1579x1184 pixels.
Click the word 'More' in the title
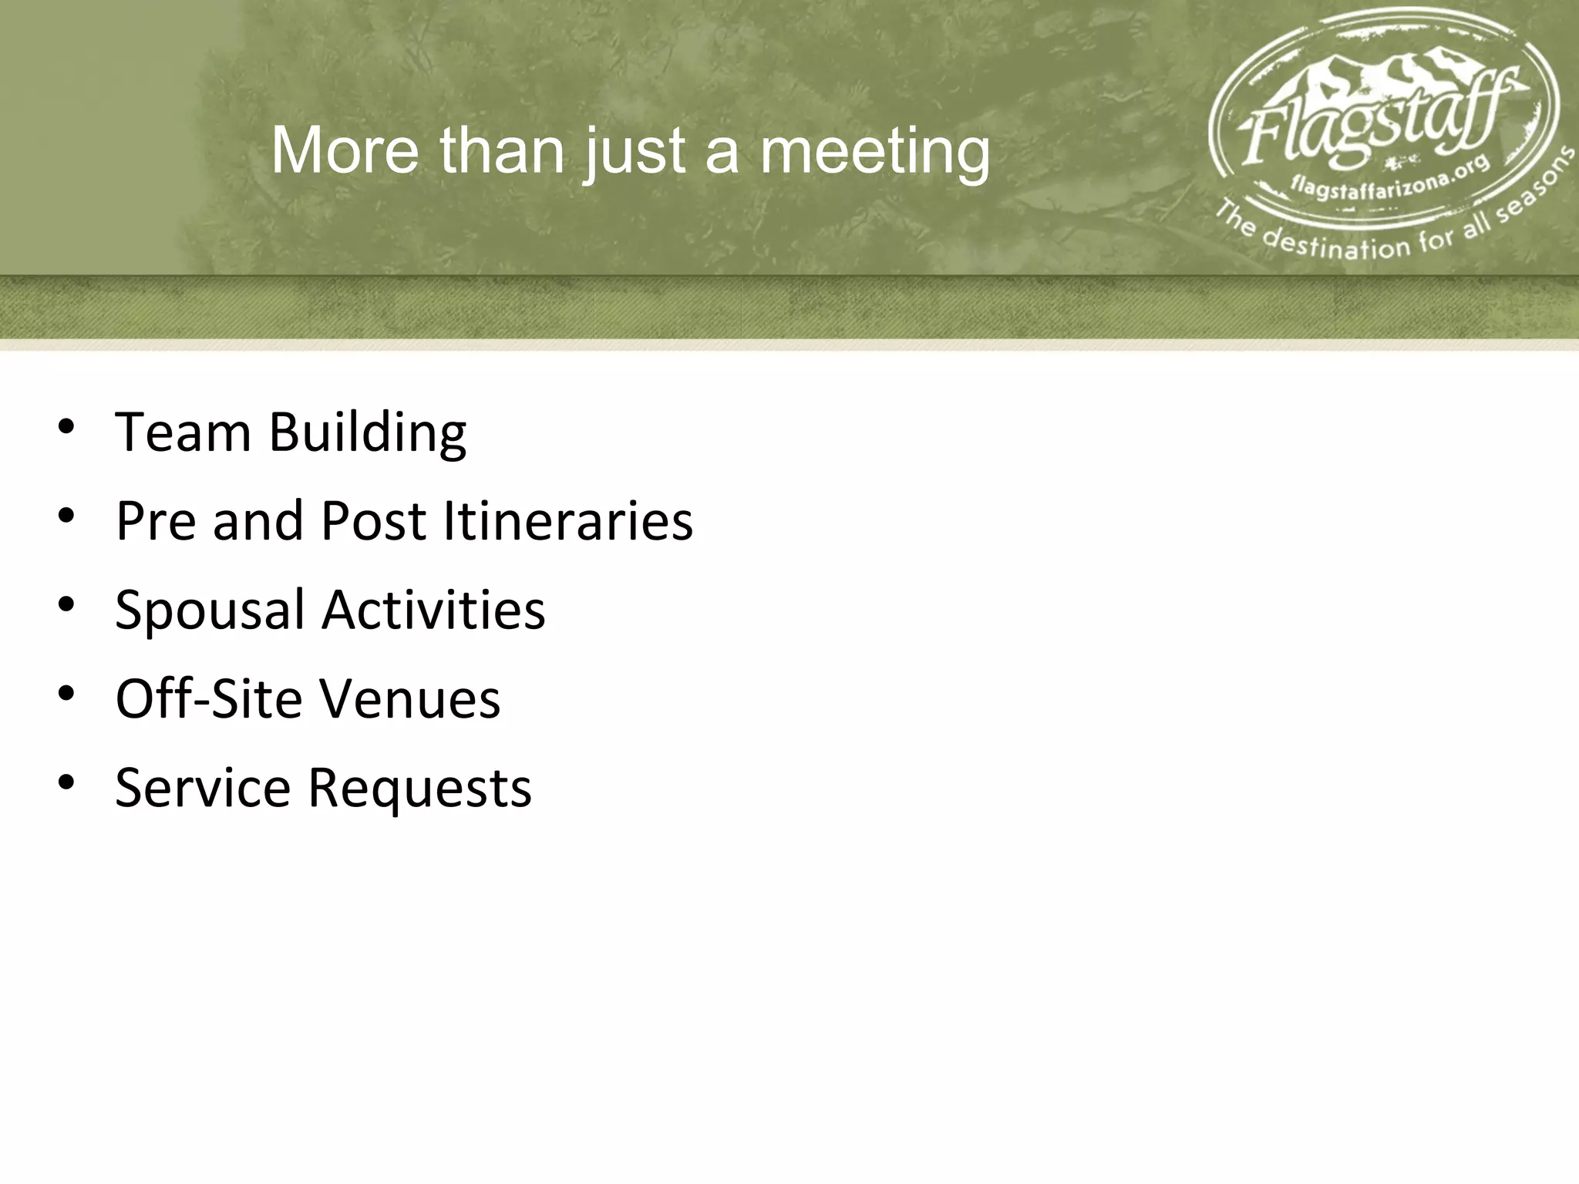pos(345,150)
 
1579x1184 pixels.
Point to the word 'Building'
pos(367,433)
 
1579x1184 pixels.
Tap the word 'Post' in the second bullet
pos(373,521)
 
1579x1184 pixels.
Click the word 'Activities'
pos(433,609)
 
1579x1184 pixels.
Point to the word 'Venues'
pos(409,698)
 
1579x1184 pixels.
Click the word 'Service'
pos(203,787)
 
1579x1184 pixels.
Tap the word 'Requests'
pos(419,789)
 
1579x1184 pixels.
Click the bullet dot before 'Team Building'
pos(66,426)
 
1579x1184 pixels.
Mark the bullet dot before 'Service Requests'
pos(66,782)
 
